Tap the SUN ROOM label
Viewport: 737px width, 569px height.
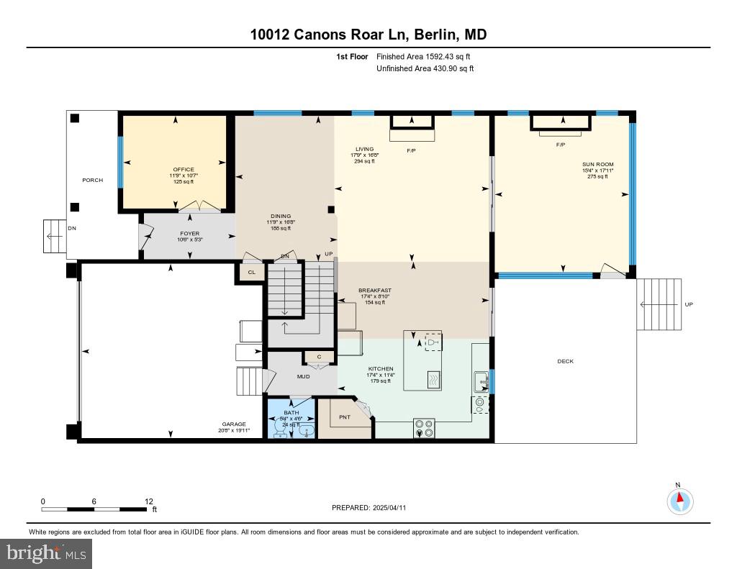point(598,164)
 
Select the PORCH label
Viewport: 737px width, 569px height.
point(92,180)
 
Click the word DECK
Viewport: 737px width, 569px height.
point(566,361)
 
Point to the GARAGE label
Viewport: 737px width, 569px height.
point(234,424)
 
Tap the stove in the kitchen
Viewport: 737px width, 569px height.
point(424,428)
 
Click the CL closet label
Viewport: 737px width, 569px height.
point(251,273)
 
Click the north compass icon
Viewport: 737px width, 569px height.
point(679,500)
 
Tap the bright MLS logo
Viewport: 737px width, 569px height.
point(46,553)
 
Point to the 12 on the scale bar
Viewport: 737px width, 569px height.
point(149,501)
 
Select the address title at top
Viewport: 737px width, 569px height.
point(368,35)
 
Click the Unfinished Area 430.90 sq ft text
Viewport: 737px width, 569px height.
point(425,68)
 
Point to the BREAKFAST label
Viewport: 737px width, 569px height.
point(375,291)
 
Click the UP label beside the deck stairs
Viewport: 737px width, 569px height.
point(689,304)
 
